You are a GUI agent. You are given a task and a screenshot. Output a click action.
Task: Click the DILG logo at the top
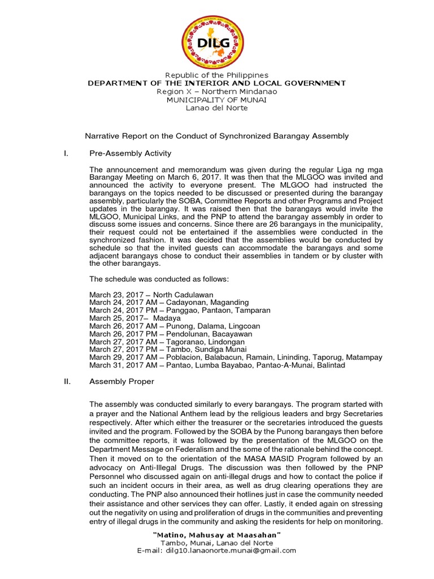click(217, 37)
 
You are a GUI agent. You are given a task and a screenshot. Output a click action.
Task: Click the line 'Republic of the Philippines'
click(217, 75)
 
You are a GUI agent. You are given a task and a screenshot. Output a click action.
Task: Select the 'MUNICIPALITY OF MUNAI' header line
click(217, 100)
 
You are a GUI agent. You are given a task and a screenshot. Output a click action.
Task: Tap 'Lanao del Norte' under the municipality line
click(217, 108)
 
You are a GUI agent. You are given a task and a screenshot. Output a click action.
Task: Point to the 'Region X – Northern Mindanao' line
click(217, 92)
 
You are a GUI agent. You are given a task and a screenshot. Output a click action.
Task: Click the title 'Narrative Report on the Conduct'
click(216, 136)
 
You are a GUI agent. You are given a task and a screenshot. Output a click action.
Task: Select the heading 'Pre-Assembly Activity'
click(130, 153)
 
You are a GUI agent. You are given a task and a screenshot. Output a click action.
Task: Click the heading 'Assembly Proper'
click(121, 382)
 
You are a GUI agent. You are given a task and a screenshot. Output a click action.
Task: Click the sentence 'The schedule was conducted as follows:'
click(158, 279)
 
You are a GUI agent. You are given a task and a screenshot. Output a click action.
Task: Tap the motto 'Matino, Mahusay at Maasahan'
click(217, 535)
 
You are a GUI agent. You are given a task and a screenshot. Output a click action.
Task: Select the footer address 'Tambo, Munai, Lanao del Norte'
click(217, 543)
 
